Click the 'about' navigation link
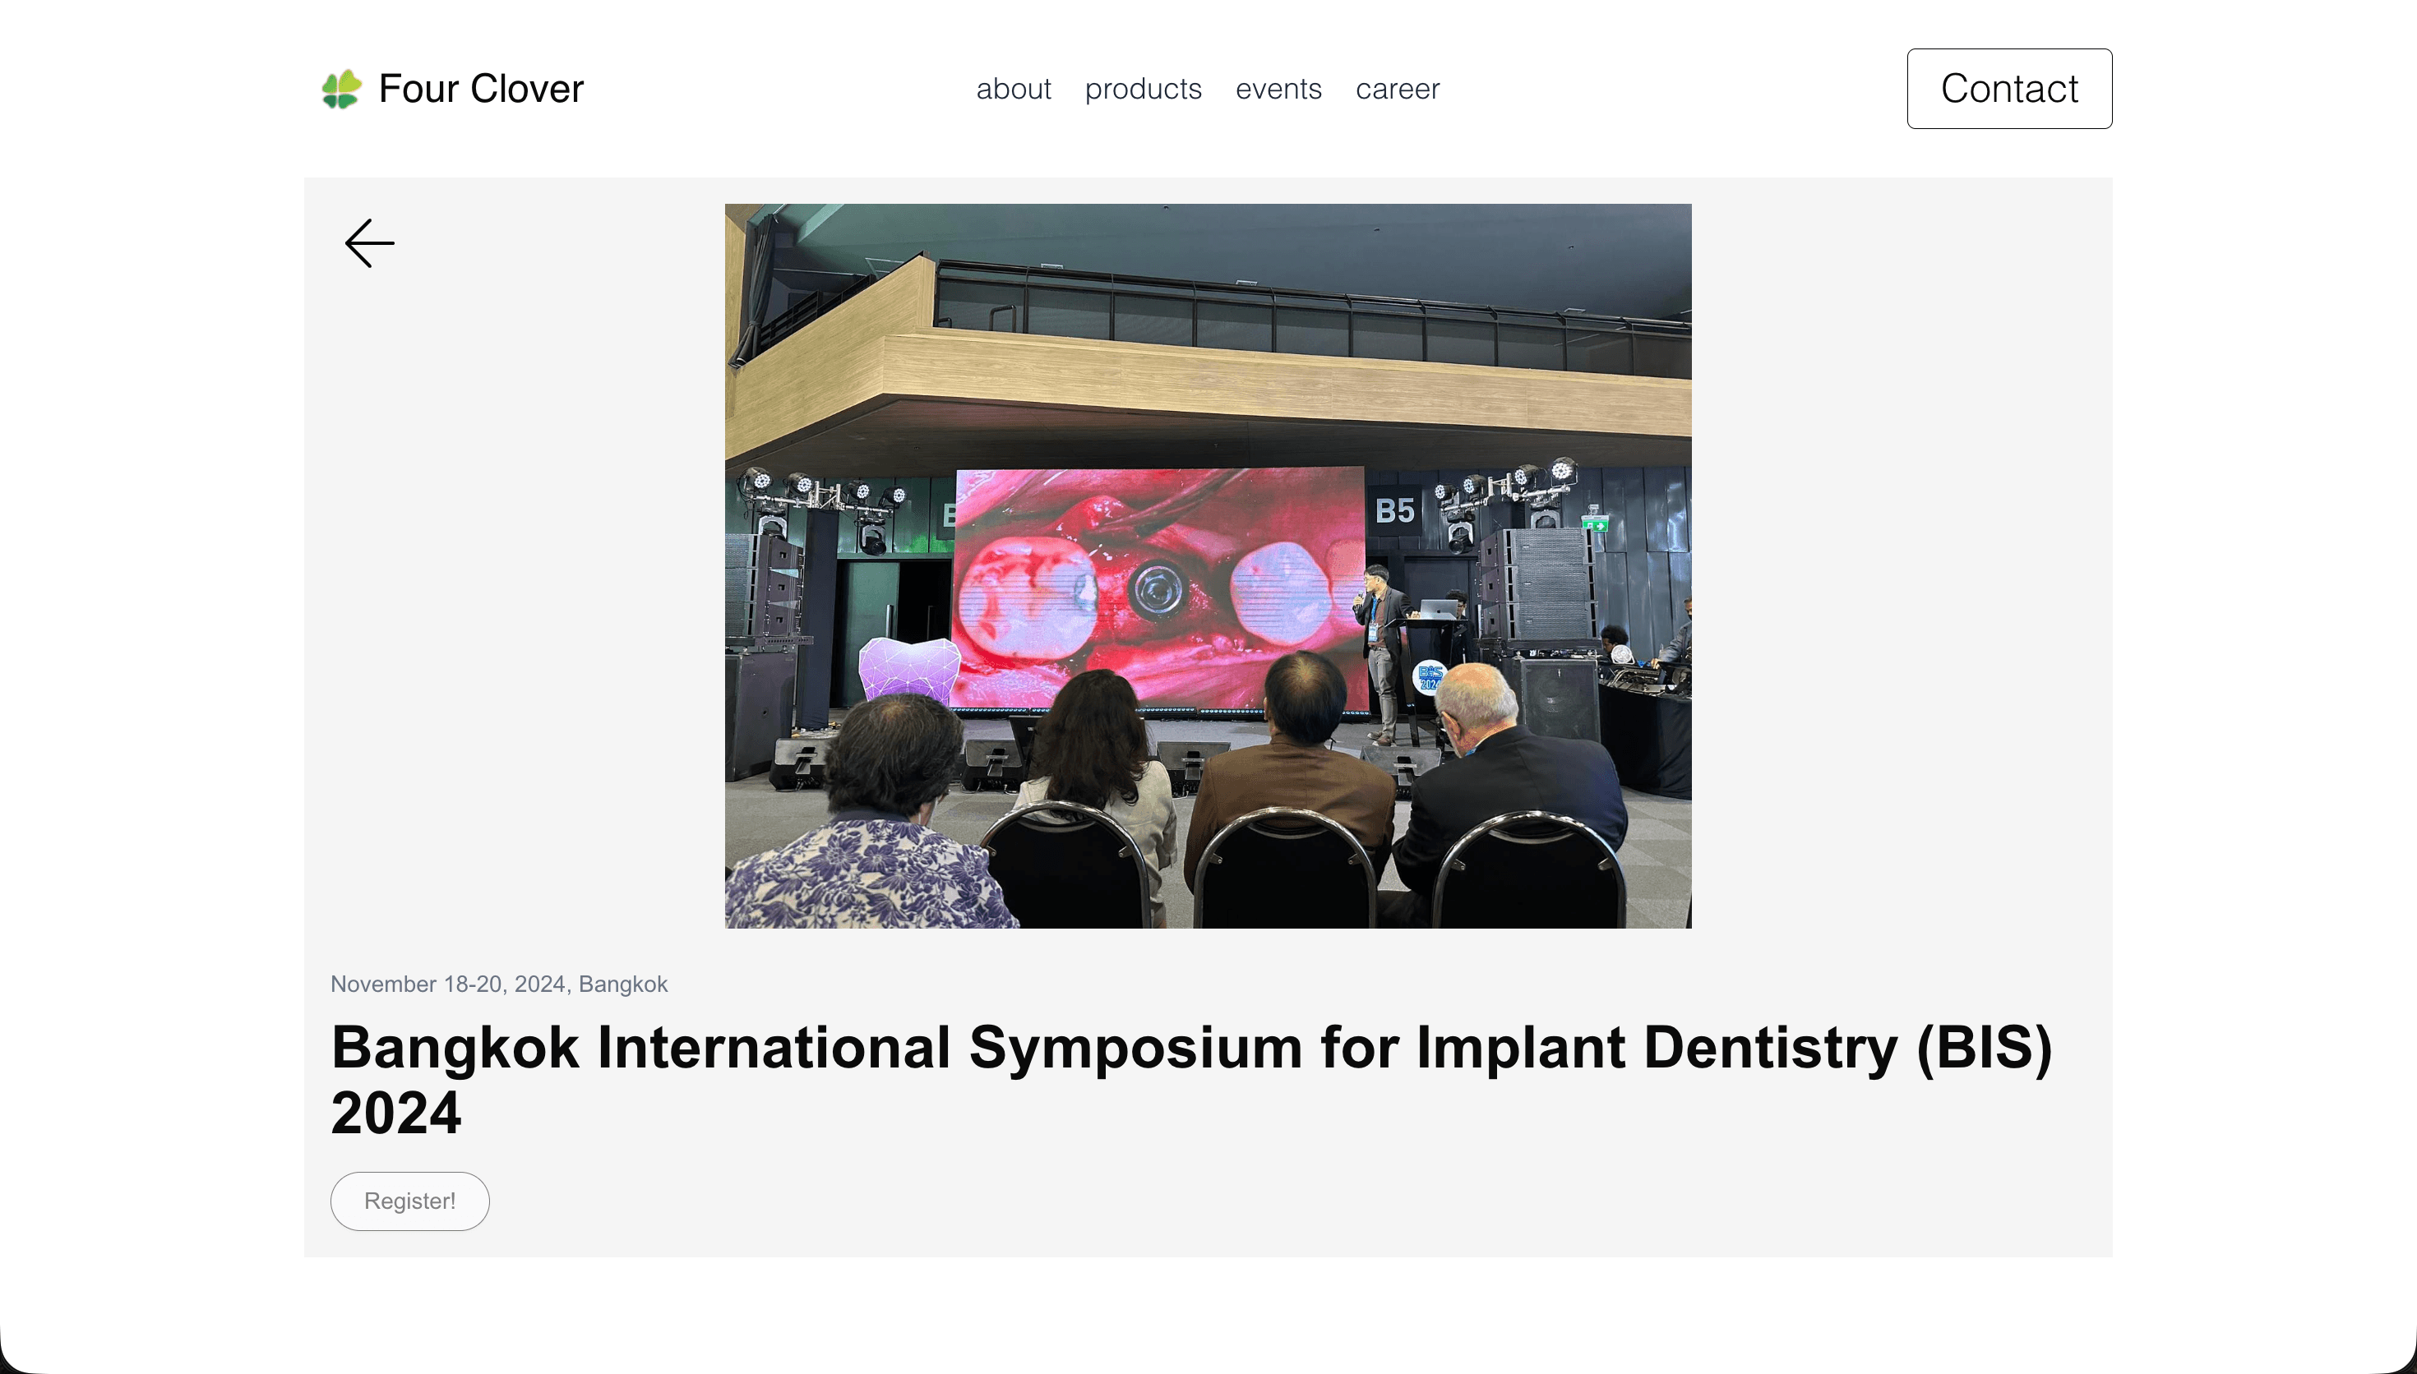(1013, 89)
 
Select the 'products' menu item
(1143, 90)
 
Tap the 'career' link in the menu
(1397, 89)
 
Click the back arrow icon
(369, 243)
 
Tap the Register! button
(409, 1201)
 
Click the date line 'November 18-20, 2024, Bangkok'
(498, 984)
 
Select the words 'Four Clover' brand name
(480, 89)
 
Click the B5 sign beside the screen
(1394, 510)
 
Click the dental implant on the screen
(1155, 592)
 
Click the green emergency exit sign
(1595, 523)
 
